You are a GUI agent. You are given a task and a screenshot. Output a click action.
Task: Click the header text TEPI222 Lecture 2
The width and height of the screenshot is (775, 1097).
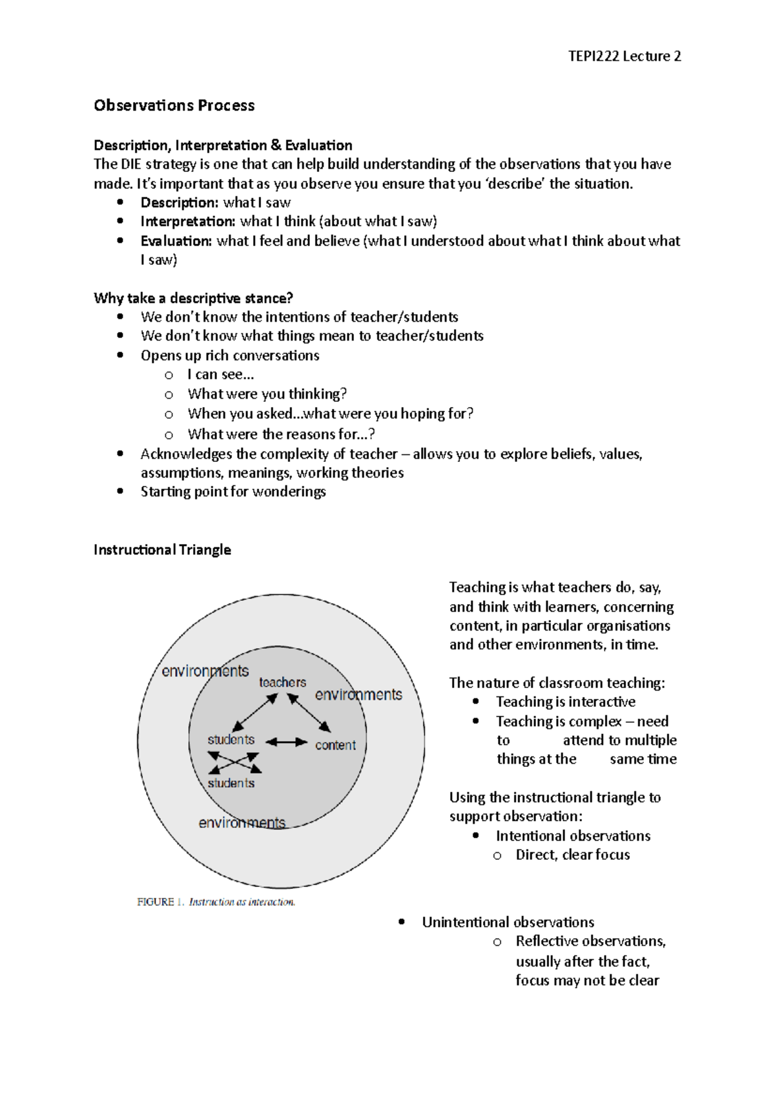624,56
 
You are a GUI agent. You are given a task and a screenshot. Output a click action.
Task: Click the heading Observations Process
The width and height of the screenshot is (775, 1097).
174,105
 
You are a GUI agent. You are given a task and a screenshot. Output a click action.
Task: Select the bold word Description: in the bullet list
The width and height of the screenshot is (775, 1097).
179,202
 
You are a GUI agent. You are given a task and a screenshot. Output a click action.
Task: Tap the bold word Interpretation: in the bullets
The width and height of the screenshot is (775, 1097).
187,221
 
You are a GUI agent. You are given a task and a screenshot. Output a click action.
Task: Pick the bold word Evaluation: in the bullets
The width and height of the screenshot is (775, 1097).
176,240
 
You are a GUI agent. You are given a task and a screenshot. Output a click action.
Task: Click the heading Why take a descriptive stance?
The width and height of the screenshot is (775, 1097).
193,298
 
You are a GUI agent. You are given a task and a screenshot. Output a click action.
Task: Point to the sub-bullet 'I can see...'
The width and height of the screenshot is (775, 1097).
220,374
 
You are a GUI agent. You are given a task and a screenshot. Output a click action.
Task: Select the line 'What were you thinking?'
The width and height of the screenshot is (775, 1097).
267,393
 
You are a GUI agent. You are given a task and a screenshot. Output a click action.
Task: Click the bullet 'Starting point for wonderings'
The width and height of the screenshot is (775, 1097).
232,491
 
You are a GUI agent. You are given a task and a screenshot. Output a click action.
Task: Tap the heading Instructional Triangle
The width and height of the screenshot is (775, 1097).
162,549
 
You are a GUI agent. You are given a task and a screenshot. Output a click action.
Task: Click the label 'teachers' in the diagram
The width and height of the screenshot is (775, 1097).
282,682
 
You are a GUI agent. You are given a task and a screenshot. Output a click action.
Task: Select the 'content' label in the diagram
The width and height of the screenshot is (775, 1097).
335,745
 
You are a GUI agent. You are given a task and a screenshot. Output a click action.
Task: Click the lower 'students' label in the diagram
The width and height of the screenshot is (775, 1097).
231,783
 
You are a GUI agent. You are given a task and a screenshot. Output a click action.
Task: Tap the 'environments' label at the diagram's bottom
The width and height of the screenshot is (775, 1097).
242,822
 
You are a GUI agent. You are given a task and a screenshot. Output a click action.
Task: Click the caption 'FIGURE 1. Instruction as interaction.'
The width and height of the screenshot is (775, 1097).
216,902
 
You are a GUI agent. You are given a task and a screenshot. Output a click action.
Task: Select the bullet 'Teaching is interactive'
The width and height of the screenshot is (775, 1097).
565,702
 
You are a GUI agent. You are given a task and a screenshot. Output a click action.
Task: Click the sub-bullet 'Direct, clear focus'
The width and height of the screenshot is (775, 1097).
572,855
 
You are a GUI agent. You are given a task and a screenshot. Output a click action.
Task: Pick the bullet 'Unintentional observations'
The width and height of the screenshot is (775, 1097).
508,922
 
